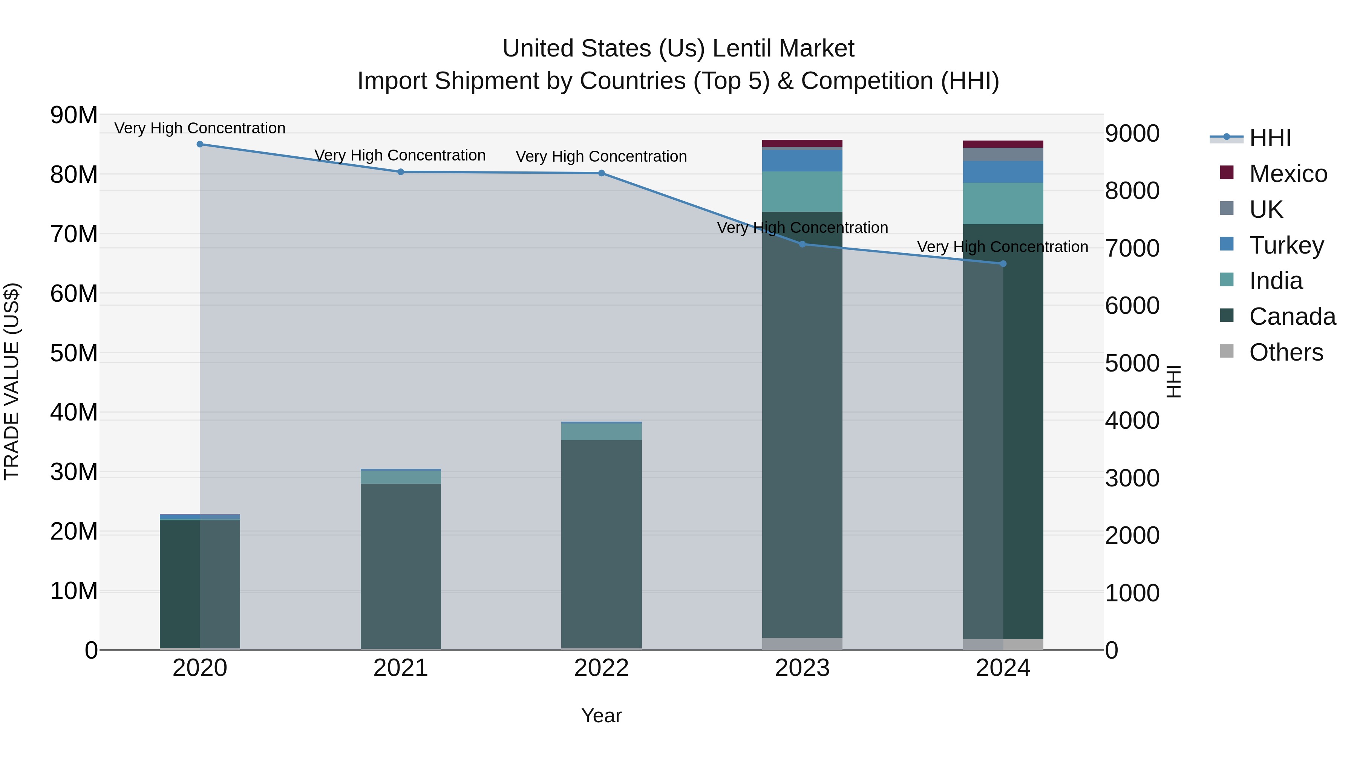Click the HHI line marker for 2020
[200, 144]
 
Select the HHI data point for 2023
[802, 244]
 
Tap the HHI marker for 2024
[1003, 264]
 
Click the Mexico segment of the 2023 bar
[802, 143]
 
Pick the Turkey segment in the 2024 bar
[1003, 172]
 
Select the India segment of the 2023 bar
[802, 192]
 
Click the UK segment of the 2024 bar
[1003, 154]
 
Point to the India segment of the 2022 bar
[601, 432]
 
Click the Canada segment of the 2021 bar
[400, 566]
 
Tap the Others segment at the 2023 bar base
[802, 644]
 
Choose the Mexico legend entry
[1288, 174]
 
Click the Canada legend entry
[1292, 317]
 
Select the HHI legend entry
[1270, 138]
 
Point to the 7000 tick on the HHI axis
[1132, 249]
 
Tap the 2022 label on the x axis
[601, 668]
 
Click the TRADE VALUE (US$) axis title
[12, 381]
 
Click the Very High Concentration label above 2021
[400, 155]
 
